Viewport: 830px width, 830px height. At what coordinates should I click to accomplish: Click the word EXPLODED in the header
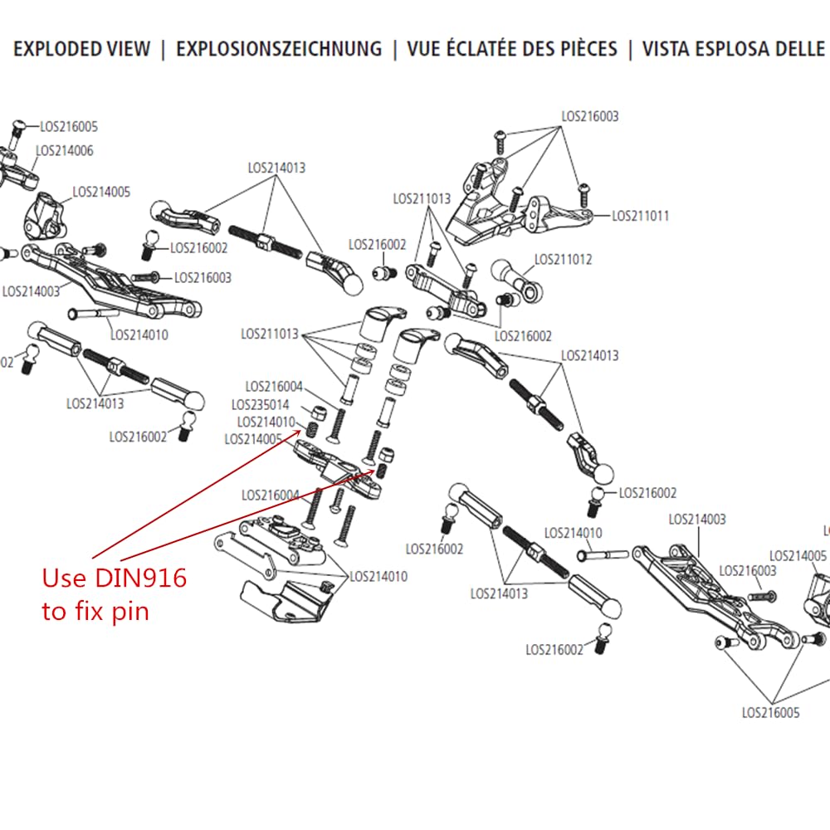pos(57,49)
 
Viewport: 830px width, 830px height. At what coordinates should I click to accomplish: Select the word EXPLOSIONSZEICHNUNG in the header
pos(279,49)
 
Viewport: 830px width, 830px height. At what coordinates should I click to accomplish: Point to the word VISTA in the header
pos(676,49)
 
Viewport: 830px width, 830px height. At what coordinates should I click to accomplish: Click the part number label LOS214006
pos(64,151)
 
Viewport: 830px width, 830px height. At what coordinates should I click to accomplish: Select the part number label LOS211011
pos(640,216)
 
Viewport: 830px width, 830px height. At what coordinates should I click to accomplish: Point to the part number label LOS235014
pos(261,405)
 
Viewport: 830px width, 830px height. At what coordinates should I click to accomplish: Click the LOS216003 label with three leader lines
pos(589,117)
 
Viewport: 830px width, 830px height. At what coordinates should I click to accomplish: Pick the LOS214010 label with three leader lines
pos(378,576)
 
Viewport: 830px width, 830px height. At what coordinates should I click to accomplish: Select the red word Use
pos(63,579)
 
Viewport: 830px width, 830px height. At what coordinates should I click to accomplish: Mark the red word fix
pos(91,613)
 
